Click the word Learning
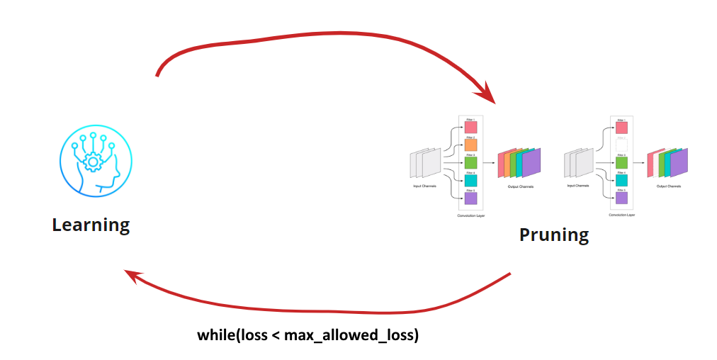click(x=91, y=225)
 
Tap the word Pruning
click(x=553, y=235)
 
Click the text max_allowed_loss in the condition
click(x=351, y=334)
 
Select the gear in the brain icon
click(x=92, y=163)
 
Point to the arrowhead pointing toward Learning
click(x=131, y=275)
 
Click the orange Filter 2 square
click(x=471, y=145)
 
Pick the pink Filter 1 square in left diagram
click(x=471, y=128)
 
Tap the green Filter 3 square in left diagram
click(x=471, y=163)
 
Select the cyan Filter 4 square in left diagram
click(x=471, y=181)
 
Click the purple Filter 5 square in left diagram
click(x=471, y=198)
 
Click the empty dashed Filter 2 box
click(x=621, y=145)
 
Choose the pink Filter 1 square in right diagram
click(x=621, y=128)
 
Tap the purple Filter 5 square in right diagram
click(x=621, y=198)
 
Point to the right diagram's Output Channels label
click(x=669, y=186)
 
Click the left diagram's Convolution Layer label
click(x=471, y=215)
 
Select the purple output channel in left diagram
click(x=532, y=162)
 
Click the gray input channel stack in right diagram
click(x=579, y=163)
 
